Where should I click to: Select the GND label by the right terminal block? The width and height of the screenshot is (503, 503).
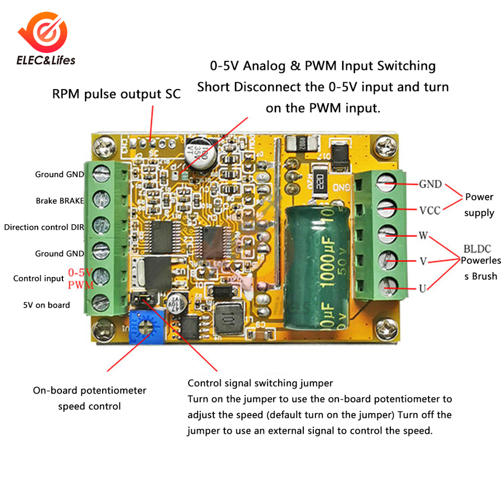point(430,184)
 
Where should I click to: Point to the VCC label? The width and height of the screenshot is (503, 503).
point(430,210)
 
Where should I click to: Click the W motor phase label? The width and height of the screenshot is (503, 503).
point(423,235)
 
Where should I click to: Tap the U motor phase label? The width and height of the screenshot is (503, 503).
point(422,288)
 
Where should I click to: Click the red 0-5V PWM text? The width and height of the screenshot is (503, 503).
point(81,279)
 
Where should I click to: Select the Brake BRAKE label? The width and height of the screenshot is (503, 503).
point(60,201)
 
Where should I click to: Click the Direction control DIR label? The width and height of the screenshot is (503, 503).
point(44,227)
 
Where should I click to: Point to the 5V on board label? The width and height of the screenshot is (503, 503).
point(46,305)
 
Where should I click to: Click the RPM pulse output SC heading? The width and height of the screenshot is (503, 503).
point(116,94)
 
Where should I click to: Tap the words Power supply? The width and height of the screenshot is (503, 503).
point(479,205)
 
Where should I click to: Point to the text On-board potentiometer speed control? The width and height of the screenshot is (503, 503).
point(90,398)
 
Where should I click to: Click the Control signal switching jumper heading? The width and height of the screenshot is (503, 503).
point(260,383)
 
